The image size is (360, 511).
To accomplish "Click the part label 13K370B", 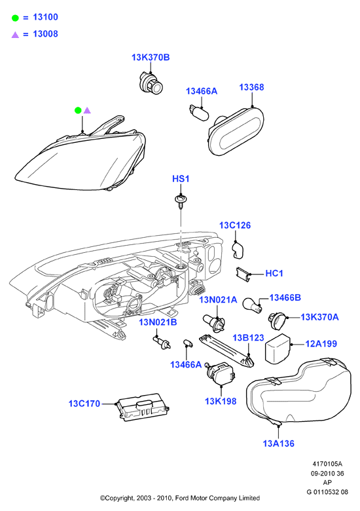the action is coord(151,58).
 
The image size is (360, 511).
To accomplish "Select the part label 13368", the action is coord(251,87).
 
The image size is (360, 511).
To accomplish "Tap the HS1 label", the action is coord(181,179).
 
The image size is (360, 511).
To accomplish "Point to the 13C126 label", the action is coord(235,225).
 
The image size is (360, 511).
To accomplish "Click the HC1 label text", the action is coord(274,273).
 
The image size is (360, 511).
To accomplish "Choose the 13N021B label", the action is coord(158,322).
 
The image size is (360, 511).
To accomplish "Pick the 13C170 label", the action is coord(84,404).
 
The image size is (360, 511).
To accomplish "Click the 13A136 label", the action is coord(278,444).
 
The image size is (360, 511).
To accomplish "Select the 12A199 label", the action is coord(321,344).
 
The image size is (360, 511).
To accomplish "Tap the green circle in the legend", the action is coord(15,18).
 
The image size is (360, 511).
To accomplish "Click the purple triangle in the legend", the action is coord(15,35).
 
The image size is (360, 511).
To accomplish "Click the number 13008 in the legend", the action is coord(46,34).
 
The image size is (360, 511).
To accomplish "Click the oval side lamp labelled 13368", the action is coord(236,131).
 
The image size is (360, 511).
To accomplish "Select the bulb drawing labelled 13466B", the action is coord(252,305).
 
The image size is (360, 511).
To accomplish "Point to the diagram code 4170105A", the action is coord(327,464).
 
